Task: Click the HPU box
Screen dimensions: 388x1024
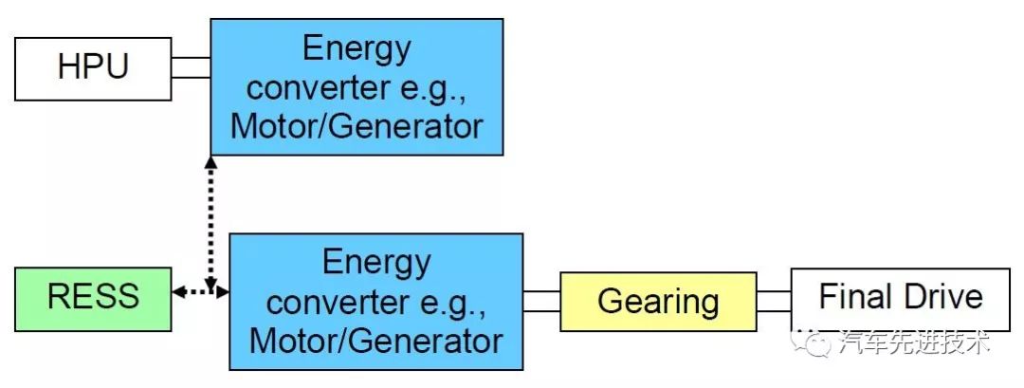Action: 92,68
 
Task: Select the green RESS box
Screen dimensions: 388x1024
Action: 93,298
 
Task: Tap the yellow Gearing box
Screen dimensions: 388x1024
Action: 658,302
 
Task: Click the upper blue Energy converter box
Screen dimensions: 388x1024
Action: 356,86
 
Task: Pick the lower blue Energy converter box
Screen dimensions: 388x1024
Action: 375,301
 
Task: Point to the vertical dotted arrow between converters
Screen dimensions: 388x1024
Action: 210,223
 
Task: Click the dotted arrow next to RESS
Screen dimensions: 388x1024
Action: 200,292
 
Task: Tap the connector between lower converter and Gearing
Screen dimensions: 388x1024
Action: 541,301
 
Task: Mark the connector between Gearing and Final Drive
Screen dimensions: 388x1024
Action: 774,301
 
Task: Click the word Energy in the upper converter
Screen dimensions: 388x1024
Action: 357,47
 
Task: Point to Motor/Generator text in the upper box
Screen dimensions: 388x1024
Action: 357,125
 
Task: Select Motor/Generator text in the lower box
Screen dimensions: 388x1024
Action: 375,340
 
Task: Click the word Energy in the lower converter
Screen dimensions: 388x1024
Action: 375,261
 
